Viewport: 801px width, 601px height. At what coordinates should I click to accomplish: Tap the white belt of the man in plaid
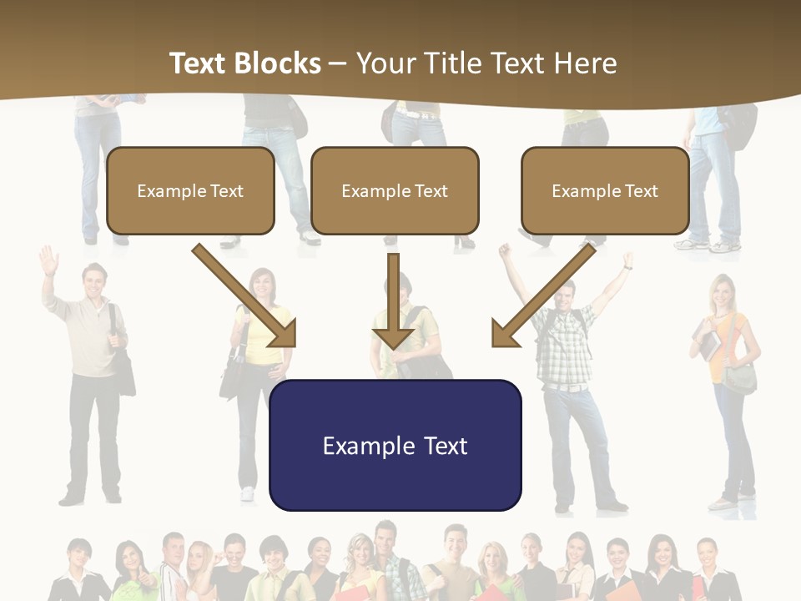click(x=567, y=386)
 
